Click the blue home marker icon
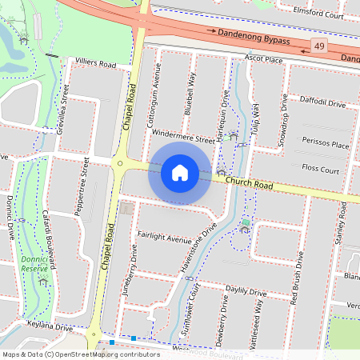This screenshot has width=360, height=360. tap(180, 173)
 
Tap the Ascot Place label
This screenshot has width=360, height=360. tap(264, 59)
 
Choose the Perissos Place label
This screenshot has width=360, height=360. tap(326, 145)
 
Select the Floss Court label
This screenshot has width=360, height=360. tap(321, 170)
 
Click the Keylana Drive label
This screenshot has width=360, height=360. tap(49, 328)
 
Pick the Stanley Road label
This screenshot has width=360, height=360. tap(342, 224)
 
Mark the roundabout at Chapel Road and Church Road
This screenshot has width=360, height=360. tap(120, 163)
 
